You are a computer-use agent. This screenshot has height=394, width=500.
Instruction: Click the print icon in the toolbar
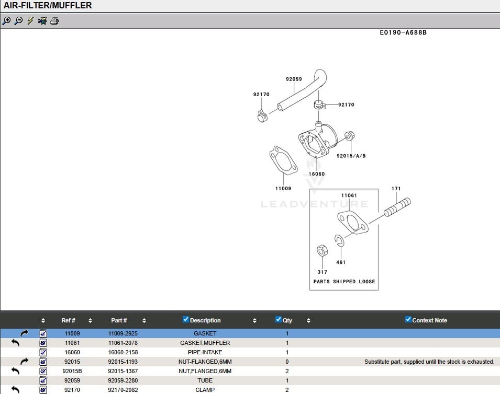[x=54, y=21]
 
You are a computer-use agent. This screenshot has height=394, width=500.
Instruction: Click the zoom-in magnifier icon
[x=6, y=21]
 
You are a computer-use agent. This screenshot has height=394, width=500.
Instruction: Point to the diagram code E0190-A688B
[x=403, y=32]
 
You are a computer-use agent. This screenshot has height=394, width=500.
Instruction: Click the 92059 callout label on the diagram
[x=294, y=79]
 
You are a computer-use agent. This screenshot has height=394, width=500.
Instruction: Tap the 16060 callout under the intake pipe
[x=316, y=174]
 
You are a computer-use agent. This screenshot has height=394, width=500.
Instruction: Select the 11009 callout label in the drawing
[x=283, y=188]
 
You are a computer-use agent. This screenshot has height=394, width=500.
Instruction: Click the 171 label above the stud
[x=396, y=188]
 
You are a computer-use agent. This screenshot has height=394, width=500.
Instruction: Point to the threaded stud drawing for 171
[x=397, y=207]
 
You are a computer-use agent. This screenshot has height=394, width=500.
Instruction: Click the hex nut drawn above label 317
[x=323, y=251]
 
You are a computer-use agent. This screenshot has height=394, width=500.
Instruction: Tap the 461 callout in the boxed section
[x=341, y=262]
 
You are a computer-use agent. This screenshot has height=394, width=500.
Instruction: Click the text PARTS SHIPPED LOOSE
[x=344, y=281]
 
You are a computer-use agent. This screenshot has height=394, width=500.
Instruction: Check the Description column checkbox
[x=185, y=320]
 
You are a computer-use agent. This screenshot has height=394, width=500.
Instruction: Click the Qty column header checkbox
[x=279, y=320]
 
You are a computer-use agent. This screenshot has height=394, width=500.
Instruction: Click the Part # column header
[x=119, y=320]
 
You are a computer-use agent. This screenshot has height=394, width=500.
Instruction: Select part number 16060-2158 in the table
[x=123, y=352]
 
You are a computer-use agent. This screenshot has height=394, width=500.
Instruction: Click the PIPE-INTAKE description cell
[x=205, y=352]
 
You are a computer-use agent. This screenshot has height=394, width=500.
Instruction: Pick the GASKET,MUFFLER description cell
[x=205, y=343]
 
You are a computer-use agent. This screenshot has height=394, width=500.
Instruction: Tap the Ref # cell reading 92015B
[x=72, y=371]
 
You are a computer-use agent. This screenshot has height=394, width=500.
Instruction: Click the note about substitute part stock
[x=429, y=362]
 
